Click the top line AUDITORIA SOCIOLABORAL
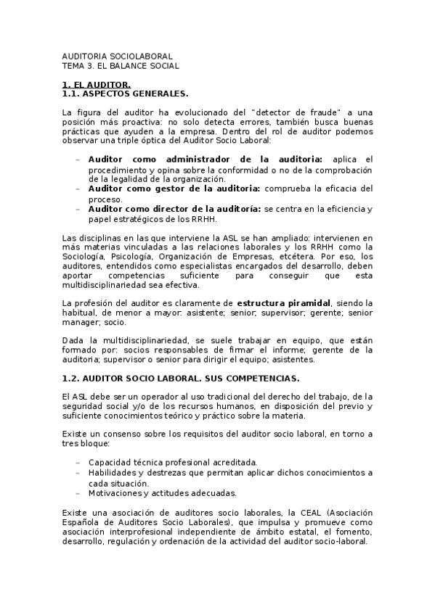click(117, 55)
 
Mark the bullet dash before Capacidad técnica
click(78, 462)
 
